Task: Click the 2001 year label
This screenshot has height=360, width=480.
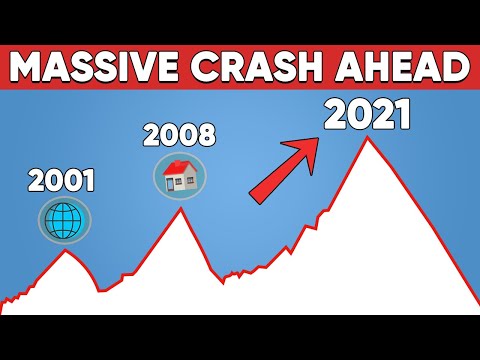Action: [63, 181]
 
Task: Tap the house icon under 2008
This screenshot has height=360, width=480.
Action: [180, 174]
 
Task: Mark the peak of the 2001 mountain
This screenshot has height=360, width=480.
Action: [66, 248]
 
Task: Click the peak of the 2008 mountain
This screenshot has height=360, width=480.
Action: [180, 208]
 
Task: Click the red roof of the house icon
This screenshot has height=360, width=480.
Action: [180, 166]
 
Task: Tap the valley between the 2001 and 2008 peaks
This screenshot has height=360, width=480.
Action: [100, 290]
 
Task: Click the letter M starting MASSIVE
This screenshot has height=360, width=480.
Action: [31, 68]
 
